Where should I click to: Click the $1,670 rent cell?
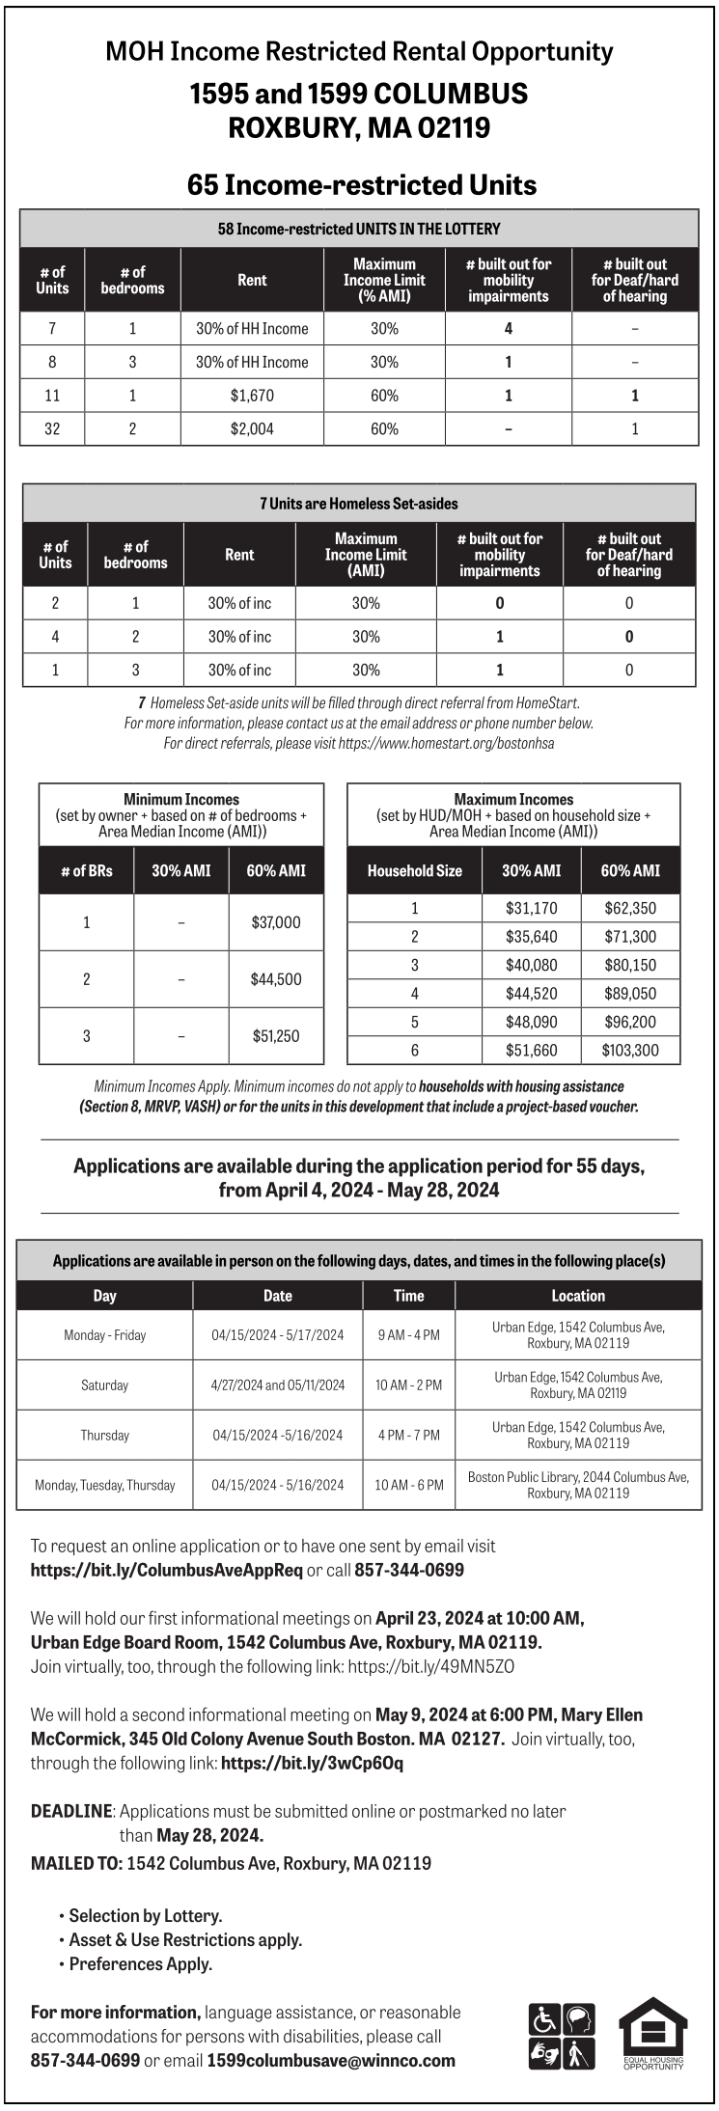click(x=252, y=396)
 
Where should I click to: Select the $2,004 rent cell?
click(x=252, y=429)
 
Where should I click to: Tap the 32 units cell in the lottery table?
click(x=52, y=429)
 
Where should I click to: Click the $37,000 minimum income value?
click(x=276, y=922)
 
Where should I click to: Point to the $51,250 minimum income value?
click(x=276, y=1036)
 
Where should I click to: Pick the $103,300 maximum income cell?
click(x=629, y=1051)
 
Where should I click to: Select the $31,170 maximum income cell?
click(x=531, y=908)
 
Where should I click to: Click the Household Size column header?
click(x=415, y=870)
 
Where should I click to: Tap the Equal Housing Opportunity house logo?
click(x=652, y=2033)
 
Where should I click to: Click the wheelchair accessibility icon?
click(x=544, y=2018)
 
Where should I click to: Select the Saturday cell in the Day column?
click(x=104, y=1385)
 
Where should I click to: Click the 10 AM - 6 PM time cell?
click(x=409, y=1485)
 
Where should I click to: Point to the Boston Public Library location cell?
click(x=578, y=1485)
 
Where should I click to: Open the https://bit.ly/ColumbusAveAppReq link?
click(x=166, y=1570)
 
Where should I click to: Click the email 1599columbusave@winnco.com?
click(x=331, y=2060)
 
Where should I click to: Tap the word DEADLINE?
click(x=72, y=1811)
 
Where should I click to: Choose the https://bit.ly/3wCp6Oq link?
click(x=312, y=1763)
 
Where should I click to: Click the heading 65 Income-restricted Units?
click(x=362, y=184)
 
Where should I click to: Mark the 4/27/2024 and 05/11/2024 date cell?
click(x=278, y=1385)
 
